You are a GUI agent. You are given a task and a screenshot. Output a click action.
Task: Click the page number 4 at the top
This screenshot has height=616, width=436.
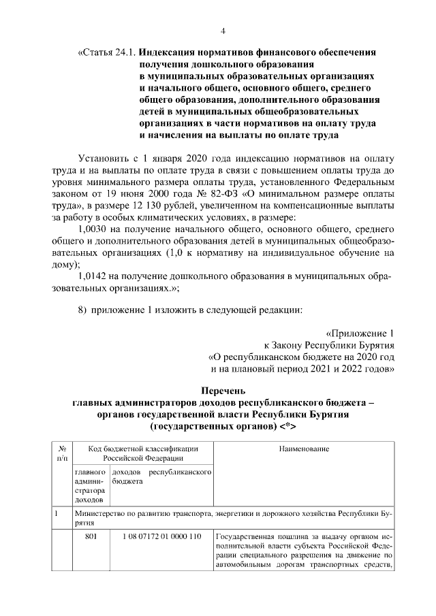[x=223, y=31]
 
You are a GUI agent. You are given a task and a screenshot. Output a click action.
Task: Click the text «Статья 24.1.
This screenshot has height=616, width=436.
[x=108, y=52]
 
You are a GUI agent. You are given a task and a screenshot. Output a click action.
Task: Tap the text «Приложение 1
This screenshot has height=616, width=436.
[x=360, y=334]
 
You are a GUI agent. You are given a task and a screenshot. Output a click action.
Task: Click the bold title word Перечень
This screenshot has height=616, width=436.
[x=223, y=390]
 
